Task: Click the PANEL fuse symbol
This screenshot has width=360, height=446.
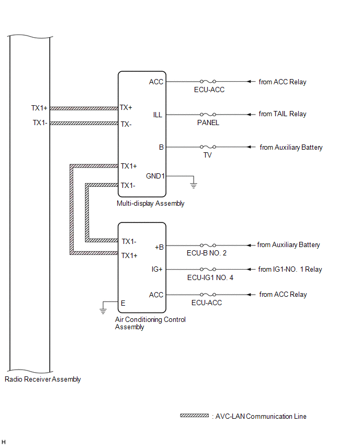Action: pos(208,114)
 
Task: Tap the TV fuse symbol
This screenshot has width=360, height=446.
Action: pos(208,148)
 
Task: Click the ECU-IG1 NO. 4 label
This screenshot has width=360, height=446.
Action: pos(210,278)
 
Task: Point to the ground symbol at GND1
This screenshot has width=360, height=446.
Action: pos(194,184)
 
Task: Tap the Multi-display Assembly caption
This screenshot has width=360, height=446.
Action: pos(151,204)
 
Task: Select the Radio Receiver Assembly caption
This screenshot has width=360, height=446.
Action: pos(42,380)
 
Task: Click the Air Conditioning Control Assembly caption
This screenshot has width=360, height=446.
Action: pos(150,323)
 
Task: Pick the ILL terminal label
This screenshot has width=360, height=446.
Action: pos(157,114)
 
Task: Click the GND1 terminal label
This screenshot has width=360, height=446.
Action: pos(155,176)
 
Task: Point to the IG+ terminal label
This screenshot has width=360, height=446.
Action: pos(157,270)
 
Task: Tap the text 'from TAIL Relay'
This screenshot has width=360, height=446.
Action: pos(283,114)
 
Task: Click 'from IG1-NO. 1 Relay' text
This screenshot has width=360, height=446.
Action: pos(290,270)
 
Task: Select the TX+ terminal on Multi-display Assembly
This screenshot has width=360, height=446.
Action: pos(126,107)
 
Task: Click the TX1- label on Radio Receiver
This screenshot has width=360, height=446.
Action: pos(39,123)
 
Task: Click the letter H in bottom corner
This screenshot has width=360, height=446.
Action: pos(4,442)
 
